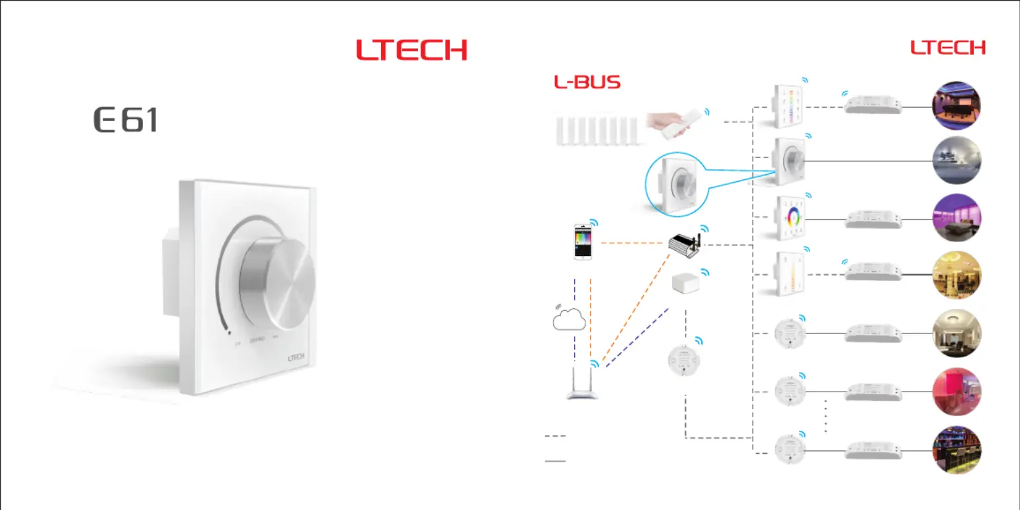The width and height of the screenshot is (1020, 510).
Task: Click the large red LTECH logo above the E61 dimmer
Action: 411,50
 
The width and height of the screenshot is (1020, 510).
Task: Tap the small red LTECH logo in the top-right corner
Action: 948,48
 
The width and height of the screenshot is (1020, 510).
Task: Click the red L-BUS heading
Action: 587,83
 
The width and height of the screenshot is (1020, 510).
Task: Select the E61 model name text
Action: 126,120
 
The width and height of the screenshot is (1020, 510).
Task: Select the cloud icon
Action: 568,319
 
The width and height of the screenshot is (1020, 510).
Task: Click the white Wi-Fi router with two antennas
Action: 583,385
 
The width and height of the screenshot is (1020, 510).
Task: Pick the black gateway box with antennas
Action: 685,243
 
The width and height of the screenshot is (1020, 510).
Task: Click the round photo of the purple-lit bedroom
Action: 956,218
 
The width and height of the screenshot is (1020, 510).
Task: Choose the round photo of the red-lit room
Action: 956,390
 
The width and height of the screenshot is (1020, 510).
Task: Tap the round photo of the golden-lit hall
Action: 956,276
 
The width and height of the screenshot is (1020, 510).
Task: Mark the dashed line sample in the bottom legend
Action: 555,436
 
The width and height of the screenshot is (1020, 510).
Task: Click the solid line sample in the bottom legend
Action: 555,461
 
